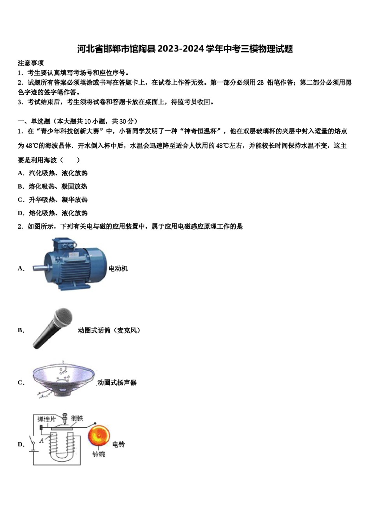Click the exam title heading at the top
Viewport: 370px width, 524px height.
[185, 49]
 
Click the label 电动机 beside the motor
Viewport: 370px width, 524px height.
[118, 269]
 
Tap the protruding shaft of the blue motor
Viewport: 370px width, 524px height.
[39, 268]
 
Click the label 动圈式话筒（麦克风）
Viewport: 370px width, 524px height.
[109, 330]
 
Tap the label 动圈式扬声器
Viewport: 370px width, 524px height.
[117, 382]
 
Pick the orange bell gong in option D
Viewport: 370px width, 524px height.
[99, 436]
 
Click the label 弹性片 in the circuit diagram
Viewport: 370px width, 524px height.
[46, 420]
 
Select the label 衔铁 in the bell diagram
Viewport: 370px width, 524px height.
[77, 418]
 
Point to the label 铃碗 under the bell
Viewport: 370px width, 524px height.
[99, 454]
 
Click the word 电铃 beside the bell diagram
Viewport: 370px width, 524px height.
[118, 444]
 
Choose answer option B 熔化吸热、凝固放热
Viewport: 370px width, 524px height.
[53, 186]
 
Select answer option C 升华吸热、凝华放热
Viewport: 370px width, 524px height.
[53, 200]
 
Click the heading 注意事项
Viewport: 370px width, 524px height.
[31, 63]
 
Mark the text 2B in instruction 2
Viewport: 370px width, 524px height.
[260, 83]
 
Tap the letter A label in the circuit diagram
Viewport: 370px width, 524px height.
[41, 441]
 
